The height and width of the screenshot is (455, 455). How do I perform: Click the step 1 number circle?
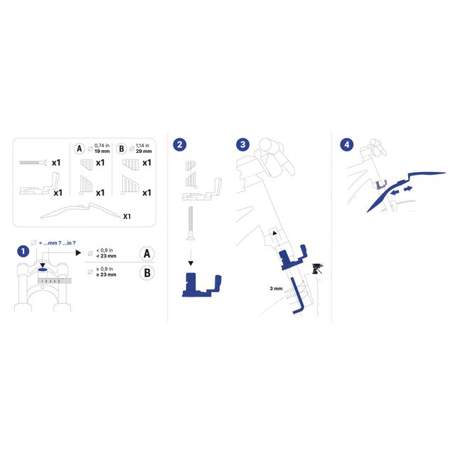(23, 251)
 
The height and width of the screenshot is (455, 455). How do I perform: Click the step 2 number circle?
(181, 144)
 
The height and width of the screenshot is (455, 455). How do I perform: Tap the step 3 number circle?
(243, 144)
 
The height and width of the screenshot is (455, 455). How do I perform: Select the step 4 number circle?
(347, 144)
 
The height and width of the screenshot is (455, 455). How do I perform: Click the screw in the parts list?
(33, 162)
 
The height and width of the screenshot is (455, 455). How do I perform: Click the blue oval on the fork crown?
(43, 270)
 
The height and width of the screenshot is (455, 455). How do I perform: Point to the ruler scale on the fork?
(53, 281)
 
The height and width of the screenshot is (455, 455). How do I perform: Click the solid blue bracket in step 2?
(200, 284)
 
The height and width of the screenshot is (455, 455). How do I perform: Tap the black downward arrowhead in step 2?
(191, 260)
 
